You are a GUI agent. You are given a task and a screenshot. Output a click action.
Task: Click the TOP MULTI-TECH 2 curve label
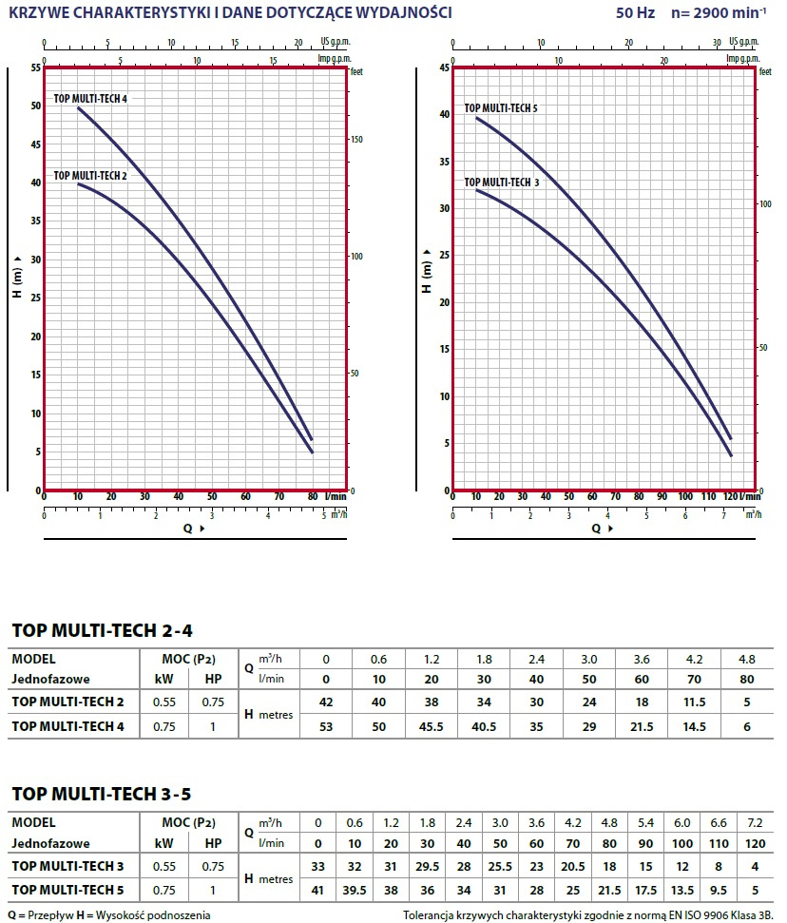point(89,176)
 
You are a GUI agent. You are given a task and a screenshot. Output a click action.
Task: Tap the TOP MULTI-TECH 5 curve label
point(501,108)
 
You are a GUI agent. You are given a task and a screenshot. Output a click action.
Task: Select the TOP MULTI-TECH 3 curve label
point(501,182)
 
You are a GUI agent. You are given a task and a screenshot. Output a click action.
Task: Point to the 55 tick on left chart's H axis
point(35,67)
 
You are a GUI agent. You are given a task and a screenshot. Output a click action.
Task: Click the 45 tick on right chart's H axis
point(444,67)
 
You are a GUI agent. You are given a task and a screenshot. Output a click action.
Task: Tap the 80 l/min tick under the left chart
point(313,497)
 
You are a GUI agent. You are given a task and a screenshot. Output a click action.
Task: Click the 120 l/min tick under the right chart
point(730,497)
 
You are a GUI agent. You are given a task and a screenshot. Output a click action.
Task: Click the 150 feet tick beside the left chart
point(358,140)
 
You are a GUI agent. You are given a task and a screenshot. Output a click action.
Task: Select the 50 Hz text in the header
point(631,13)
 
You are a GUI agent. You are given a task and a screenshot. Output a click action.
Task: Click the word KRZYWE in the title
point(37,12)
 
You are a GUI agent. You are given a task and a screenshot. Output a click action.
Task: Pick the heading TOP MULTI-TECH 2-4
point(102,630)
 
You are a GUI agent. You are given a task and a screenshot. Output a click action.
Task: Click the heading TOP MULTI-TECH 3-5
point(102,794)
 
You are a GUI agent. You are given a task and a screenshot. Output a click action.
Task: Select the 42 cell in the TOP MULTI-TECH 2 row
point(326,702)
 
